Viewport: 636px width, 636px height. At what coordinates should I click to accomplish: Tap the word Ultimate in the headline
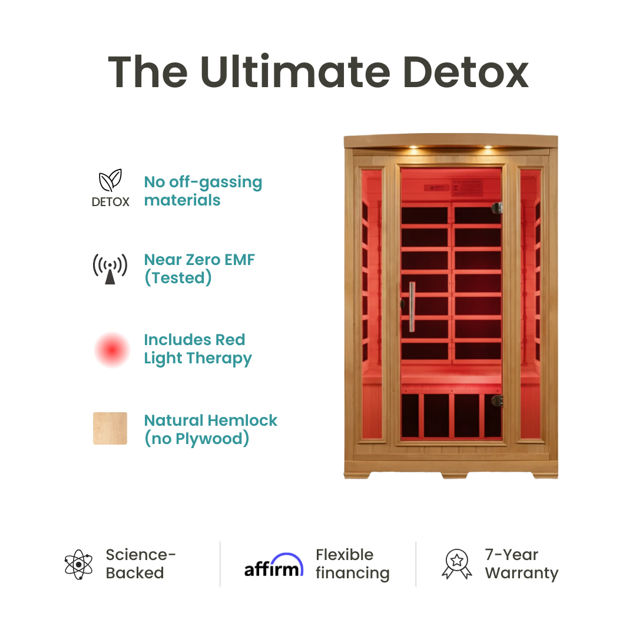pyautogui.click(x=294, y=72)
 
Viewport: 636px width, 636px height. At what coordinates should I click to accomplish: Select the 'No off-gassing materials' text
pyautogui.click(x=203, y=191)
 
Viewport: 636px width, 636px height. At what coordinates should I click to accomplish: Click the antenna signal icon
pyautogui.click(x=110, y=269)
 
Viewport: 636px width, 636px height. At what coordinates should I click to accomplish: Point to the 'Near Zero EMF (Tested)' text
pyautogui.click(x=200, y=269)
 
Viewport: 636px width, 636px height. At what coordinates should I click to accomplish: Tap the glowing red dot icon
pyautogui.click(x=112, y=350)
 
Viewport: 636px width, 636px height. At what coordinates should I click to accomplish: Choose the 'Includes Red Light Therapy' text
pyautogui.click(x=198, y=349)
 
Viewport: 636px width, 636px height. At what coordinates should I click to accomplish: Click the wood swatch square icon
pyautogui.click(x=110, y=429)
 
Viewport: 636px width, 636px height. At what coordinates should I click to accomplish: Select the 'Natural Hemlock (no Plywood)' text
pyautogui.click(x=211, y=430)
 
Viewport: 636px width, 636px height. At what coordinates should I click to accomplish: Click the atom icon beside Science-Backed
pyautogui.click(x=79, y=564)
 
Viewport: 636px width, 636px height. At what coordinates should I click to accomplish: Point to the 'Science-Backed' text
pyautogui.click(x=141, y=564)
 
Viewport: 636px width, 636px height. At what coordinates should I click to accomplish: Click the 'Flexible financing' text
pyautogui.click(x=352, y=564)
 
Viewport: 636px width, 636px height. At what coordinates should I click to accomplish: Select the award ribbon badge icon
pyautogui.click(x=456, y=564)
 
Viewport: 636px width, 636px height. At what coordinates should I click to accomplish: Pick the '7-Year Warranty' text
pyautogui.click(x=521, y=564)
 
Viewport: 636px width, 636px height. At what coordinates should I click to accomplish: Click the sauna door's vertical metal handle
pyautogui.click(x=412, y=306)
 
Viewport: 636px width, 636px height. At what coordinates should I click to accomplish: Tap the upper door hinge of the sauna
pyautogui.click(x=498, y=208)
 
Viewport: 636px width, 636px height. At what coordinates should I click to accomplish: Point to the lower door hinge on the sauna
pyautogui.click(x=498, y=400)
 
